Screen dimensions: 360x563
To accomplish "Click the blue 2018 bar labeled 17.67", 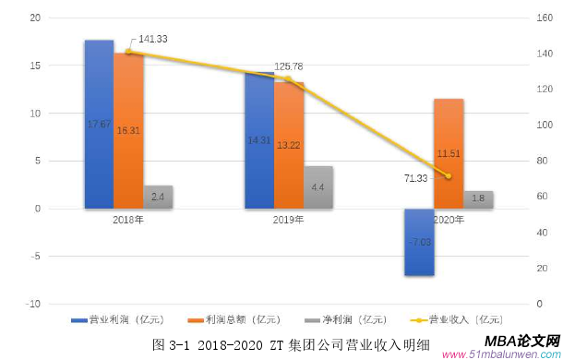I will [x=99, y=124].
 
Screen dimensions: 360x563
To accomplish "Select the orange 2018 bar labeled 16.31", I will [x=128, y=130].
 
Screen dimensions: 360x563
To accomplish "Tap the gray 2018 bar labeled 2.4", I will [x=158, y=197].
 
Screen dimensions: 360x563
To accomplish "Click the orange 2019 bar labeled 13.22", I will [x=289, y=145].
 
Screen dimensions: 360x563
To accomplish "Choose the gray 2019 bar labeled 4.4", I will [x=318, y=187].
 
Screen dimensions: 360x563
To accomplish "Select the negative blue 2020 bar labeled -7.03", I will [x=419, y=242].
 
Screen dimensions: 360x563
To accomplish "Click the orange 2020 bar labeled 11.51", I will [x=449, y=153].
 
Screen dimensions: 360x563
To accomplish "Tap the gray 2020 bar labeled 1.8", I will [x=478, y=199].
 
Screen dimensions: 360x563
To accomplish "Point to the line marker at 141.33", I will [x=128, y=52].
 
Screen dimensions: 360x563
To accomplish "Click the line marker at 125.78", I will [x=289, y=78].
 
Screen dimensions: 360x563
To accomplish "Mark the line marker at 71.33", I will [x=449, y=175].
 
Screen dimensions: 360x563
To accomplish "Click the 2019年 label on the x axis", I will [x=288, y=220].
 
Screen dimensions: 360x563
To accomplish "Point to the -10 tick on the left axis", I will [x=34, y=304].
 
